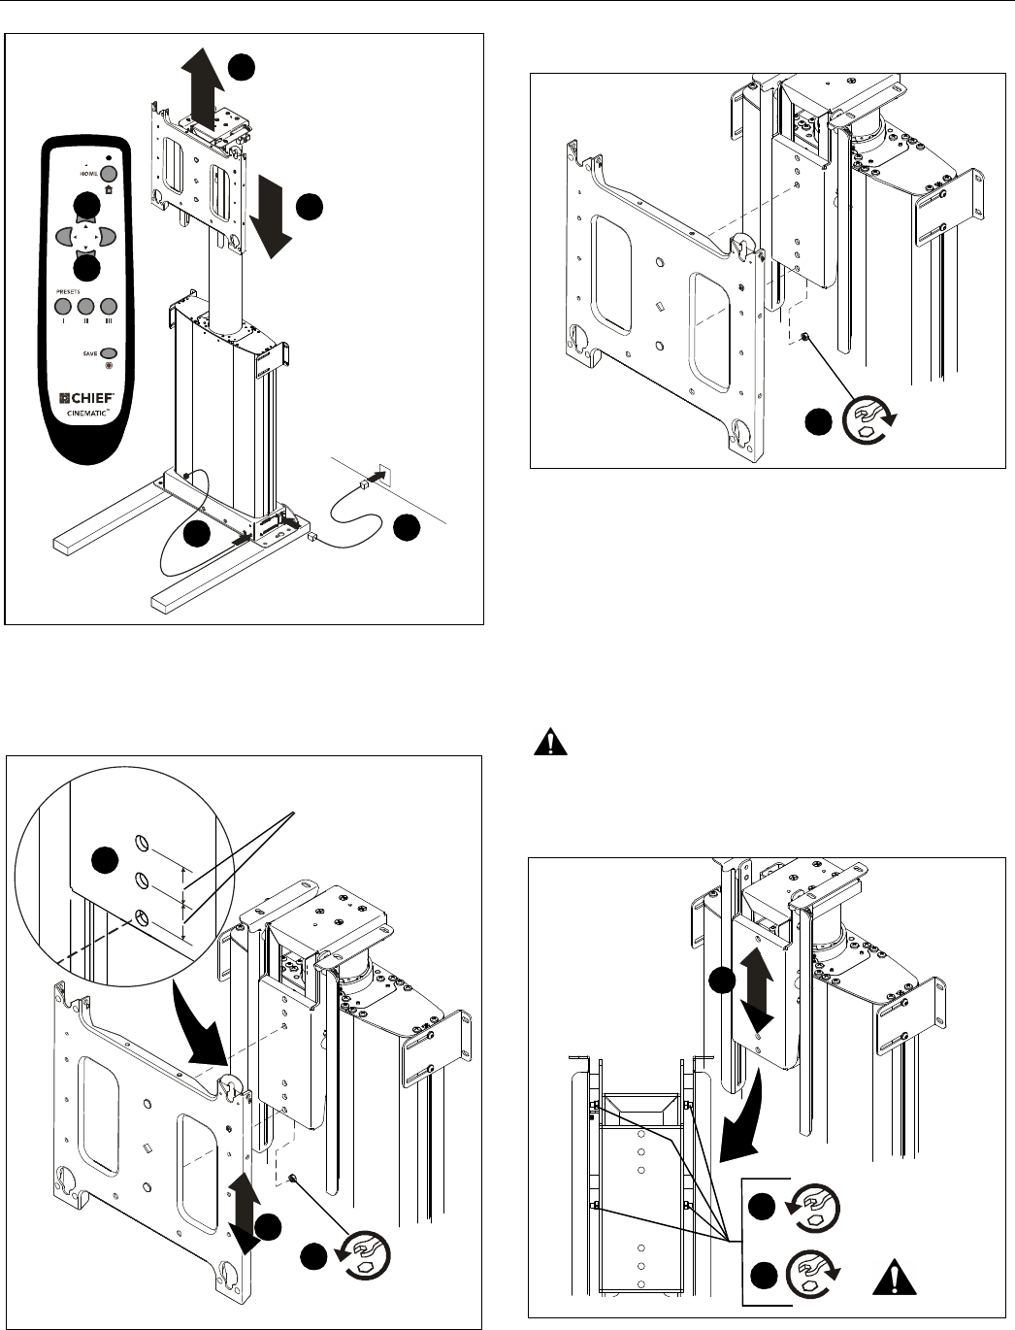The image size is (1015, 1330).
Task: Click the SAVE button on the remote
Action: click(109, 354)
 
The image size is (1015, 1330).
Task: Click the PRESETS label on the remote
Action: click(67, 289)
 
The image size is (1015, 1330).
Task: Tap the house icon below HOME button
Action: click(109, 187)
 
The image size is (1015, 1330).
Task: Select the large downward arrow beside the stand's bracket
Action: click(267, 218)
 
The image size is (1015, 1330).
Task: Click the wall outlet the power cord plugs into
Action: click(381, 476)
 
